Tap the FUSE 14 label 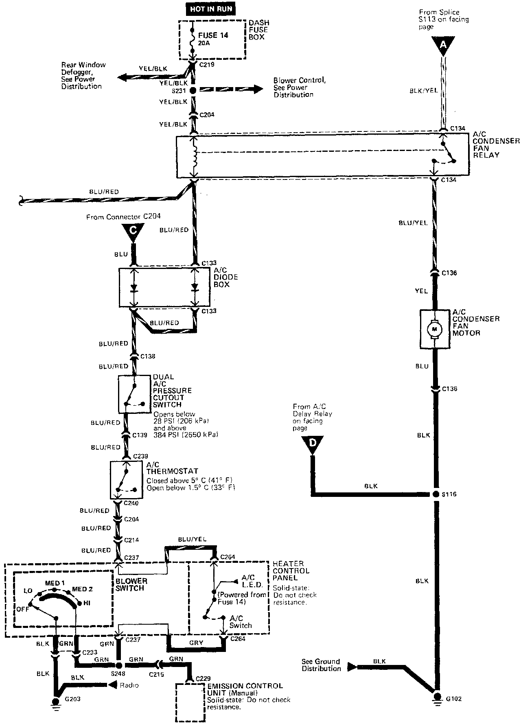point(213,35)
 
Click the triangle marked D point(313,444)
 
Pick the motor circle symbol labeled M point(434,328)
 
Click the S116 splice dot point(435,494)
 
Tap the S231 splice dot point(193,90)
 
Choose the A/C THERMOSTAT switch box point(126,480)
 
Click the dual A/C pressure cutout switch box point(134,394)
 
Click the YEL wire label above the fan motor point(422,291)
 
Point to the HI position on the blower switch point(87,603)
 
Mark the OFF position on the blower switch point(23,609)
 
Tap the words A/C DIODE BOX point(226,277)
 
